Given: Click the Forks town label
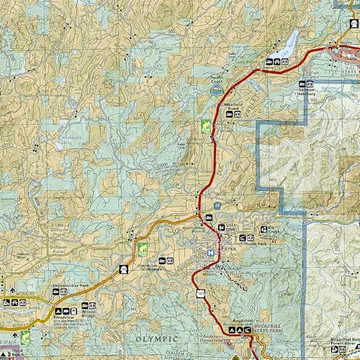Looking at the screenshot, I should pos(228,248).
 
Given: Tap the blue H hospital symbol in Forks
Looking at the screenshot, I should pos(210,253).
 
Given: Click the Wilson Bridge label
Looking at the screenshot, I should pos(88,314).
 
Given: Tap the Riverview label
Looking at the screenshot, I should pos(64,317).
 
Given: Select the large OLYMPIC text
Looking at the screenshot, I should pos(156,338).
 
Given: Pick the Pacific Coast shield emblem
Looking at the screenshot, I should pos(216,91).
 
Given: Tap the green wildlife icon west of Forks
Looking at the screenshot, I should pos(142,249).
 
